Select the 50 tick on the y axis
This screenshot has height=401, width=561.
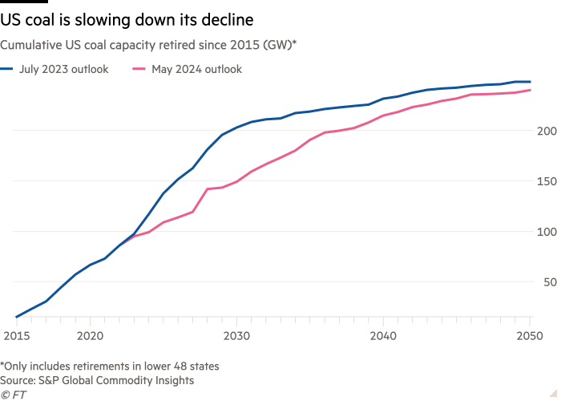[x=546, y=282]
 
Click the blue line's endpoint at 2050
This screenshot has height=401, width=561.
[x=530, y=82]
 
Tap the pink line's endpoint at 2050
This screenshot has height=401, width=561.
[x=530, y=90]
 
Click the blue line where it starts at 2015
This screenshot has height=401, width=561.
[x=16, y=318]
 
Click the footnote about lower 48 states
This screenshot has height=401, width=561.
[x=111, y=366]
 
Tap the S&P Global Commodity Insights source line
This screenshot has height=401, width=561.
[x=97, y=379]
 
